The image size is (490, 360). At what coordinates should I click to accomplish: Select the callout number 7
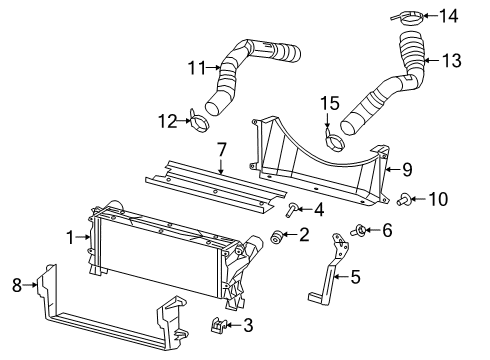(221, 149)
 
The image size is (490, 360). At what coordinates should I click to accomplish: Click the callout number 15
(331, 102)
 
